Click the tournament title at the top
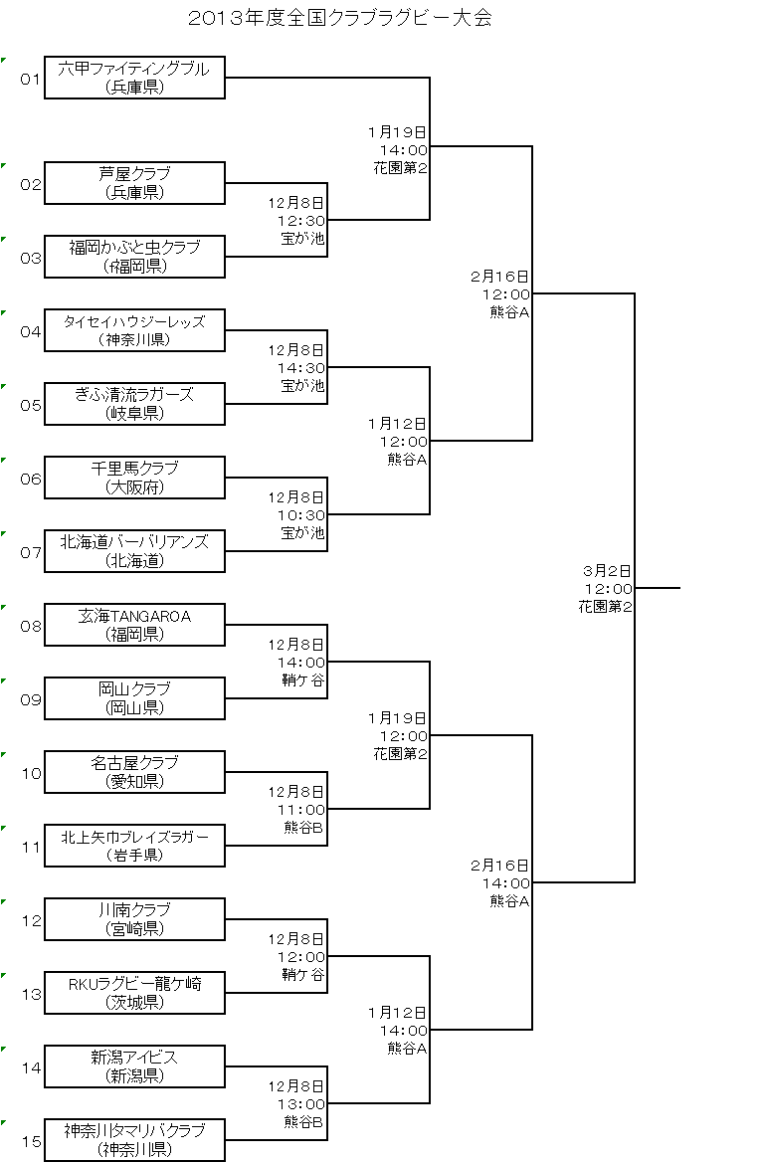[x=340, y=18]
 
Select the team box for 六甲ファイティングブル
[x=135, y=77]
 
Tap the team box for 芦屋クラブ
[x=135, y=183]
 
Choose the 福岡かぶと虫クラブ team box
[x=135, y=257]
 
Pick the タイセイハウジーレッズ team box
[x=135, y=329]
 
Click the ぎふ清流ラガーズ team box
[x=135, y=404]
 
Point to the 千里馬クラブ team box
[x=135, y=478]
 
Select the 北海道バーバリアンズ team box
[x=135, y=550]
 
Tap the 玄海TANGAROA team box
[x=135, y=625]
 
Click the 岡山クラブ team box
[x=135, y=698]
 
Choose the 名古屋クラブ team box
[x=135, y=771]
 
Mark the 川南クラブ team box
[x=135, y=919]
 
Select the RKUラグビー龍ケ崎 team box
[x=135, y=992]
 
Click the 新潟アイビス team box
[x=135, y=1066]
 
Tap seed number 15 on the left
[x=31, y=1141]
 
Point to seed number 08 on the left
[x=31, y=626]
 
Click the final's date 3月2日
[x=607, y=571]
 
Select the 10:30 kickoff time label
[x=301, y=515]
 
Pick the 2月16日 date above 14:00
[x=500, y=865]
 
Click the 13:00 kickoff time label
[x=301, y=1104]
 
